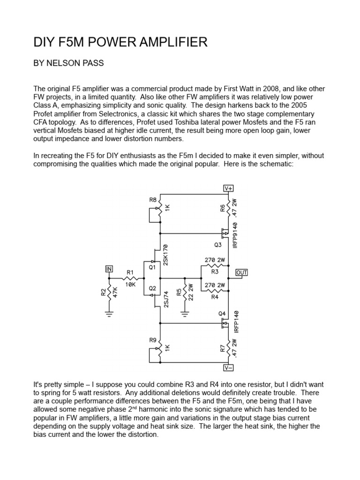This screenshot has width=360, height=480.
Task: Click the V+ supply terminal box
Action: [229, 188]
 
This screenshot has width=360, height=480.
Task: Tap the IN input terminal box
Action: [109, 269]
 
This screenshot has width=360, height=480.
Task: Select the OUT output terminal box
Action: [242, 272]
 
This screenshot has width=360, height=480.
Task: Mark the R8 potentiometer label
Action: [153, 200]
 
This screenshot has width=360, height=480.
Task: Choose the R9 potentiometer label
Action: [152, 340]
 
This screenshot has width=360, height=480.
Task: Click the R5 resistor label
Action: [179, 292]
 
